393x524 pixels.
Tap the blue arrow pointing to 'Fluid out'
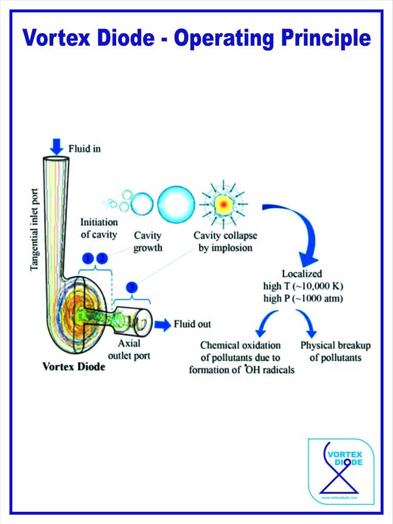tap(163, 324)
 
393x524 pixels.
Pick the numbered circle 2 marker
tap(102, 258)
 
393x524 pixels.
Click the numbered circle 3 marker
tap(132, 288)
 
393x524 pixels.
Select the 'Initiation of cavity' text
tap(99, 228)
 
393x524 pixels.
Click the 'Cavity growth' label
tap(148, 242)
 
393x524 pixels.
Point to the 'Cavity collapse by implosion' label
tap(225, 242)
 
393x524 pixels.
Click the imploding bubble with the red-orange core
tap(223, 204)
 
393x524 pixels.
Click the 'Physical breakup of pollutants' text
tap(335, 351)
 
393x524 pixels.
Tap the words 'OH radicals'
tap(270, 369)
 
